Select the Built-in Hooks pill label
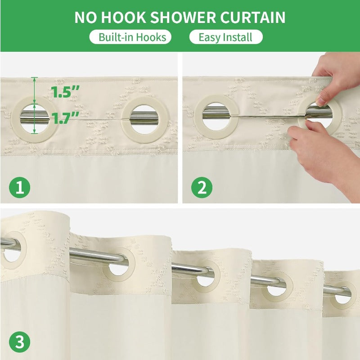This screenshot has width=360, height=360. [130, 37]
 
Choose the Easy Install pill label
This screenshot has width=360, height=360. [225, 37]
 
